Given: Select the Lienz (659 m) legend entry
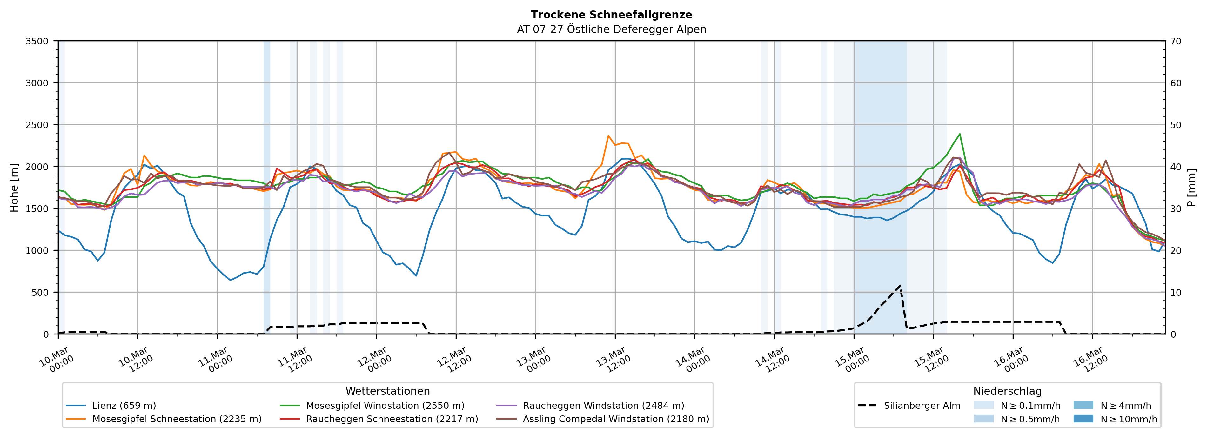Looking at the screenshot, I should [124, 406].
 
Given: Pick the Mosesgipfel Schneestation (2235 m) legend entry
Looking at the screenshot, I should [177, 419].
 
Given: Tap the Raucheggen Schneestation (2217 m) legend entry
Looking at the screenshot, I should [392, 419].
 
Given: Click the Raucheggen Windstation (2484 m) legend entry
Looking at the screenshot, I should [603, 406].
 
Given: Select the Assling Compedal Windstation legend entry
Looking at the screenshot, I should [616, 419].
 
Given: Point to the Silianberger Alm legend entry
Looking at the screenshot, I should [922, 406].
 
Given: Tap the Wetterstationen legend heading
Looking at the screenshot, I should [387, 391].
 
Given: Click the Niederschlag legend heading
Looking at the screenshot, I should [1007, 391].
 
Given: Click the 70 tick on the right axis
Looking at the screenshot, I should [1176, 41].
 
